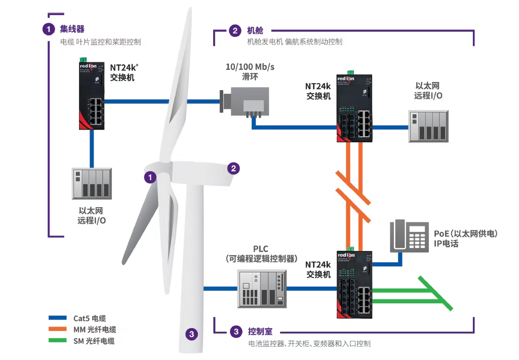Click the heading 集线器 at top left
click(72, 29)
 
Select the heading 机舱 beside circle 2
click(255, 30)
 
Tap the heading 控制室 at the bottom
click(260, 332)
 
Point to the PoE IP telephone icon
click(409, 236)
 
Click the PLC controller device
click(261, 289)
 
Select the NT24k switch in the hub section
click(91, 95)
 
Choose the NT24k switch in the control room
click(353, 284)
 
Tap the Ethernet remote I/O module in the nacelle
click(428, 126)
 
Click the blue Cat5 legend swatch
click(58, 318)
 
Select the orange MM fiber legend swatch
click(58, 330)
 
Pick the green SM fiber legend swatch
click(58, 341)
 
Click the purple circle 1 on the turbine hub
click(150, 177)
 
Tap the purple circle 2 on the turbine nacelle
click(233, 168)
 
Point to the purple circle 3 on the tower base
click(191, 334)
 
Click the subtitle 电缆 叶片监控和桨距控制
click(100, 42)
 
